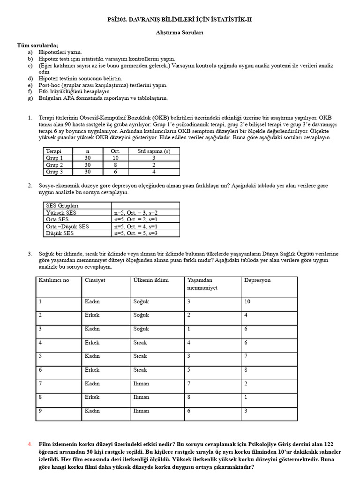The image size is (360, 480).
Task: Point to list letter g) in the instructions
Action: click(30, 98)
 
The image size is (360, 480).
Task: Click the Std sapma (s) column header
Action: click(153, 151)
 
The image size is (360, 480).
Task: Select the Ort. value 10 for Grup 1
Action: click(115, 158)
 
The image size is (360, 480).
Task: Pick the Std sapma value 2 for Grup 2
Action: click(153, 165)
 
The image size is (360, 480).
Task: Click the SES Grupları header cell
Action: click(62, 206)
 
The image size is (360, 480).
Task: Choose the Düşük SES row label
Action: click(60, 233)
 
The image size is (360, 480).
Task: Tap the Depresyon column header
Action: click(257, 280)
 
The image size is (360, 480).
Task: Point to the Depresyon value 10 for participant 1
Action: click(247, 301)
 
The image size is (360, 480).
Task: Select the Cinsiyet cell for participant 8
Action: click(92, 397)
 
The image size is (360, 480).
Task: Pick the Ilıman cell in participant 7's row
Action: click(141, 383)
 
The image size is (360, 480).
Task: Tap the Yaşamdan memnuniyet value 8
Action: click(189, 397)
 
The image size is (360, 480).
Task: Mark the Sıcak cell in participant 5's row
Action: click(140, 356)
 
